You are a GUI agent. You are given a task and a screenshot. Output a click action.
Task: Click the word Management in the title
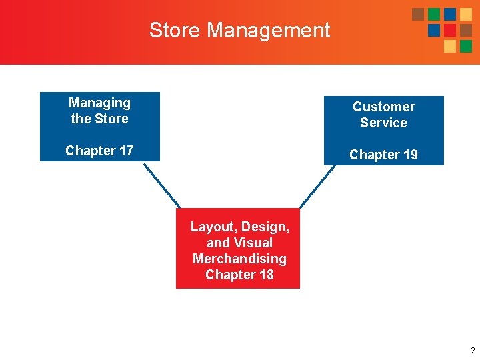(x=269, y=30)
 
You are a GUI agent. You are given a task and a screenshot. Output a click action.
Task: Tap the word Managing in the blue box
(x=99, y=103)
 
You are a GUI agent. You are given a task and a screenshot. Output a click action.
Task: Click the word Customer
(x=383, y=107)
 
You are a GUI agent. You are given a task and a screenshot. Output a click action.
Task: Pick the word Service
(x=383, y=123)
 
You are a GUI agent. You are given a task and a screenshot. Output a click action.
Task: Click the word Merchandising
(x=239, y=259)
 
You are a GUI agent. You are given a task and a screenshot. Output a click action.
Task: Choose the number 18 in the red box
(x=265, y=275)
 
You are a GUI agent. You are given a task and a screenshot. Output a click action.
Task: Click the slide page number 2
(x=472, y=351)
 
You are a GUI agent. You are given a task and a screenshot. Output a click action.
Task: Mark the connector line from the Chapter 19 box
(x=318, y=186)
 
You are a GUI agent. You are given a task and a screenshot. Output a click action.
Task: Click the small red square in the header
(x=450, y=31)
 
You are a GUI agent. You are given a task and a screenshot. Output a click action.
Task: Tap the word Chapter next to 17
(x=90, y=151)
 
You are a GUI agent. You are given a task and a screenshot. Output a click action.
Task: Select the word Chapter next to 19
(x=374, y=155)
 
